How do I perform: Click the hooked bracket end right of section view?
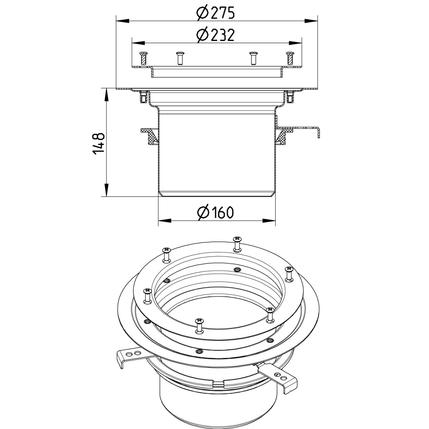(318, 132)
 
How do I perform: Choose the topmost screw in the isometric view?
(237, 244)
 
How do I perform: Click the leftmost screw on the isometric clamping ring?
(147, 296)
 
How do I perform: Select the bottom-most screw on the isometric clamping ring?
(198, 325)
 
